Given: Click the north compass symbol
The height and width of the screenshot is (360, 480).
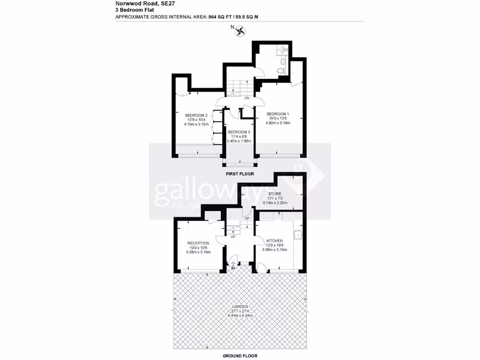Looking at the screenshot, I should point(241,31).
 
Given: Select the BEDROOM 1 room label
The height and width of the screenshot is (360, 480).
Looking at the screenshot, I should point(278,114).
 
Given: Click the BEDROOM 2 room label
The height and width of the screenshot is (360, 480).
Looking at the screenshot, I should point(196,116).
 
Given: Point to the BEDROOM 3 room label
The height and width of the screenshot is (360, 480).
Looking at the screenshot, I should point(239,132).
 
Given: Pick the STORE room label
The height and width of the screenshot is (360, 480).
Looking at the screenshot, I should point(275,193).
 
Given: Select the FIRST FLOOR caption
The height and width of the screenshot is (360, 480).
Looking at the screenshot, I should point(240,174).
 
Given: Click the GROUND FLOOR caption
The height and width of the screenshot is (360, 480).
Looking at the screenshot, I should point(240,356).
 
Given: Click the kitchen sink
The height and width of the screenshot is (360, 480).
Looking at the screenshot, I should point(297,235).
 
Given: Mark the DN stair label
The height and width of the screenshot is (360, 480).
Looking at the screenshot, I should point(247,98).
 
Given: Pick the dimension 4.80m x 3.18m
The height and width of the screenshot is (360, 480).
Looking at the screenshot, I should point(278,123).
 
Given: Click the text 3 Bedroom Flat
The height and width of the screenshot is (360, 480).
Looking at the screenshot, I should point(135,9).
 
